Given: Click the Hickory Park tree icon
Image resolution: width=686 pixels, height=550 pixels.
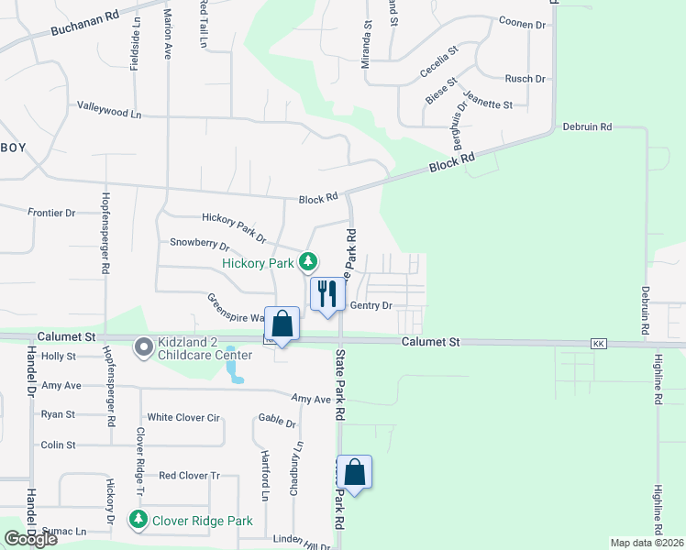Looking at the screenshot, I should [x=310, y=263].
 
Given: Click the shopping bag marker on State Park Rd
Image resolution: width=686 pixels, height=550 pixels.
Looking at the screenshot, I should [x=354, y=472].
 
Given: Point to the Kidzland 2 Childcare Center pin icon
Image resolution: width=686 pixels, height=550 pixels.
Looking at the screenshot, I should [x=143, y=347].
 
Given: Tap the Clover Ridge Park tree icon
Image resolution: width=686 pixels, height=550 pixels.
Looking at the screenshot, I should [x=138, y=520].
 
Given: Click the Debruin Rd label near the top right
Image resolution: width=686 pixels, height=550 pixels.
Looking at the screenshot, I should [x=587, y=126].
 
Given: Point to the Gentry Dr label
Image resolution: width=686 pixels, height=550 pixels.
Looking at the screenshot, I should [x=371, y=305].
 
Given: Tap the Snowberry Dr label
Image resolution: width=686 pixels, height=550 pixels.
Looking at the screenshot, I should [x=199, y=243].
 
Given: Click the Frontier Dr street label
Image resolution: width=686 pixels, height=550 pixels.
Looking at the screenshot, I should [x=51, y=213].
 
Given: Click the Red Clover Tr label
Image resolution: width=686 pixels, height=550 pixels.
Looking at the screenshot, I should [x=190, y=476].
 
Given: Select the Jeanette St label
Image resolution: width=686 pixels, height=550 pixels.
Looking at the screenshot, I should [x=487, y=104].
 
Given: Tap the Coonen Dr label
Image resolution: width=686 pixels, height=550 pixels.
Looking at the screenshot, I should [x=522, y=22].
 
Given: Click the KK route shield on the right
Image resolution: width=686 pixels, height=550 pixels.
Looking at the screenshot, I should [x=600, y=344].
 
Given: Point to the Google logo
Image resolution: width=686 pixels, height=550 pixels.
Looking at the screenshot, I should [x=30, y=538].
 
